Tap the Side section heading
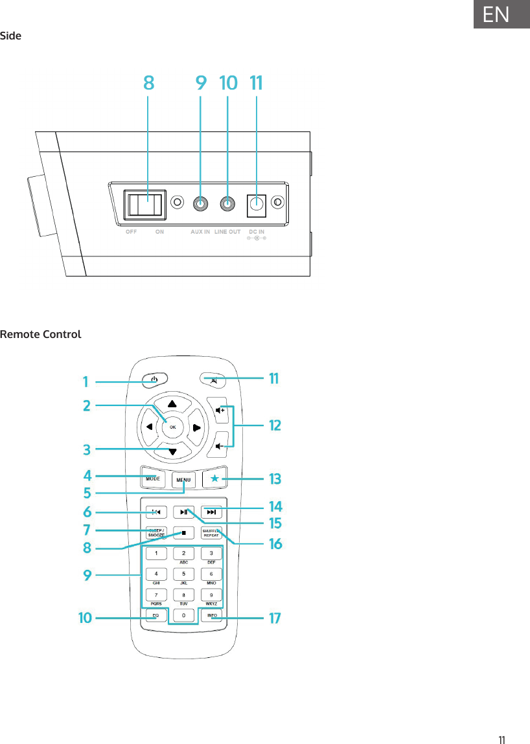(11, 36)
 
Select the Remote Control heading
(41, 335)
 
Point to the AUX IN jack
(201, 204)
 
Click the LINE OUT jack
(227, 204)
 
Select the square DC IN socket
(257, 204)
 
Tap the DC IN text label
(257, 231)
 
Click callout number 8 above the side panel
(148, 83)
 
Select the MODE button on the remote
(153, 479)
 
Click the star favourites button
(214, 479)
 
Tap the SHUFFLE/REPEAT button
(211, 533)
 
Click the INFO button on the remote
(212, 614)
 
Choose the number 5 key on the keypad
(184, 574)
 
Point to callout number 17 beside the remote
(275, 618)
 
